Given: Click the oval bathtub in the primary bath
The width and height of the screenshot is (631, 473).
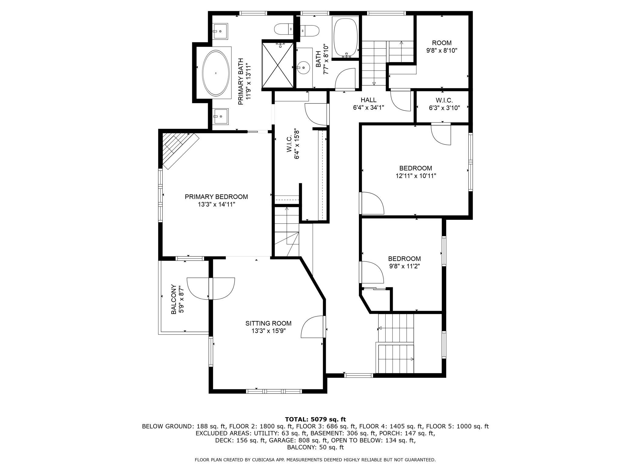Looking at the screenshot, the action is [x=216, y=73].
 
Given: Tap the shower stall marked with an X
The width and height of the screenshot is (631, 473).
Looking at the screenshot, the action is [x=278, y=65].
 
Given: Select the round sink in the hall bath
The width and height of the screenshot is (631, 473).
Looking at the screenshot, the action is [x=303, y=68].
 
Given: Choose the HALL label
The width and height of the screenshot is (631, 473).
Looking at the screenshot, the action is [x=369, y=100].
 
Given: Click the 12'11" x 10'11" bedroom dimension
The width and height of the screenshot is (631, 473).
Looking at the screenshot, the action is [x=416, y=176].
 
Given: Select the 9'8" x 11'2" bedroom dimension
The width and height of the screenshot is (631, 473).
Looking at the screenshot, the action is [x=404, y=266].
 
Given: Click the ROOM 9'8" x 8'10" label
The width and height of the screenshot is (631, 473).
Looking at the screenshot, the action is [x=442, y=46].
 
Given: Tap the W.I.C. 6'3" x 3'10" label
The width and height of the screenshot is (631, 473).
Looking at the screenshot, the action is [x=444, y=104].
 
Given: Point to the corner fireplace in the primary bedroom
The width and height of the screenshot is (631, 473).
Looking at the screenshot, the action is [x=179, y=150].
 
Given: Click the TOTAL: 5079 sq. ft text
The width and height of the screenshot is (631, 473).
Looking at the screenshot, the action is [x=315, y=419].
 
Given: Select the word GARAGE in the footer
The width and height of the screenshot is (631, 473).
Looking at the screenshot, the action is [x=281, y=440].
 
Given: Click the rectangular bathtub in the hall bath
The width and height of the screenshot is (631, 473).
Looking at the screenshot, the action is [x=346, y=37].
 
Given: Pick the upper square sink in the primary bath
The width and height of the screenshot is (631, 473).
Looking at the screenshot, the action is [x=220, y=31].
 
